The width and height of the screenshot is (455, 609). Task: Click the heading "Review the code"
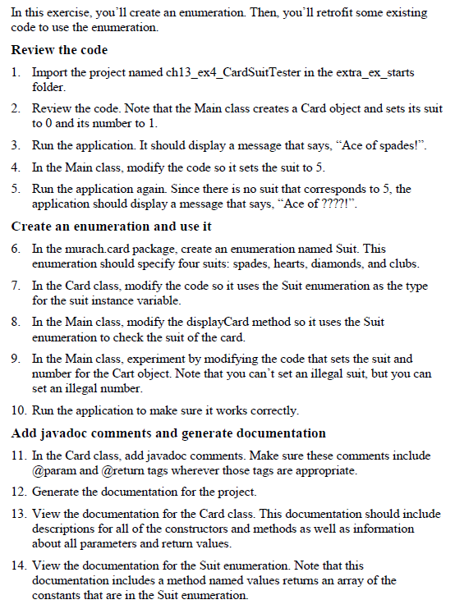click(59, 51)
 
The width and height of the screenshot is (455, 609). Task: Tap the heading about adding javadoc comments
click(168, 433)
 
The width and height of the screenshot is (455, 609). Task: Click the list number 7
click(16, 285)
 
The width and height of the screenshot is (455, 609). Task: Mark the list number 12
click(18, 492)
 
